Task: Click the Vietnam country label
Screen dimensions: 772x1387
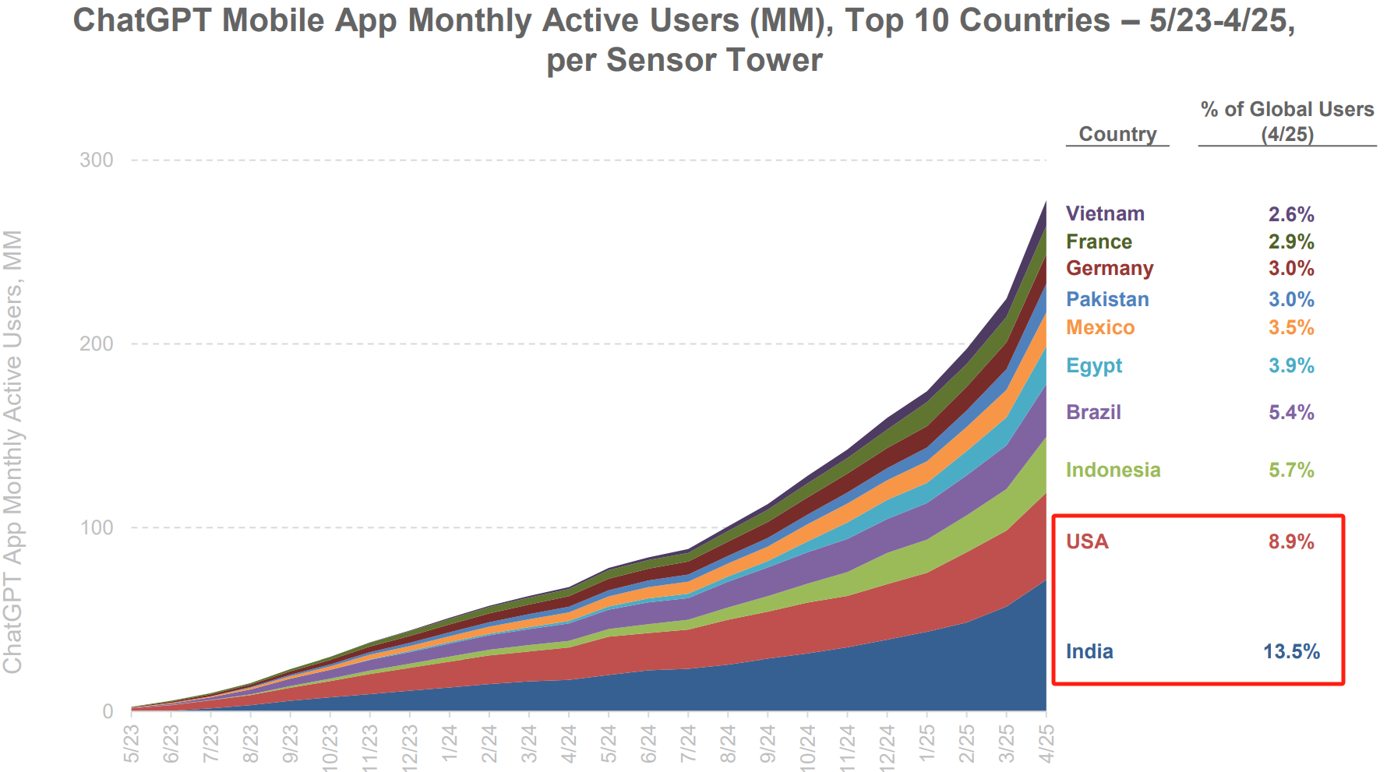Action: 1105,214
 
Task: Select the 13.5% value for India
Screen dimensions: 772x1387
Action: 1291,652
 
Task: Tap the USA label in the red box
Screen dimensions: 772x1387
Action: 1087,542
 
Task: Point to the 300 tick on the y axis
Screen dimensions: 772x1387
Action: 97,160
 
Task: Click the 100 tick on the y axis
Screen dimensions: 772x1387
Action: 97,528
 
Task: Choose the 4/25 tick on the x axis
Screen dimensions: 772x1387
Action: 1046,743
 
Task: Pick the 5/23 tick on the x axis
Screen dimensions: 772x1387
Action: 132,743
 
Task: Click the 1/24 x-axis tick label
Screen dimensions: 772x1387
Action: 450,743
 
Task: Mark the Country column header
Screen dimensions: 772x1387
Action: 1117,134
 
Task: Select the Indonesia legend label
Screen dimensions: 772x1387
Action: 1113,471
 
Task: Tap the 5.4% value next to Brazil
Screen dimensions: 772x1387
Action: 1291,413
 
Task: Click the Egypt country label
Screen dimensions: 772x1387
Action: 1094,366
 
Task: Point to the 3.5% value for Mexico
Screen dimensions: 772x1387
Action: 1291,328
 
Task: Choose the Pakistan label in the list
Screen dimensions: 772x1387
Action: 1107,300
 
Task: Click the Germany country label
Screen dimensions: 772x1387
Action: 1110,269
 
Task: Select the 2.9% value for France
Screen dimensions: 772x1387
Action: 1291,242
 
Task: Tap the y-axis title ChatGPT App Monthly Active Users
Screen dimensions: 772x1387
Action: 13,452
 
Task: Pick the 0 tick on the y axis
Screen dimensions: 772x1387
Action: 108,711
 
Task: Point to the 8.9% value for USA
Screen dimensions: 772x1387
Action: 1291,542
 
